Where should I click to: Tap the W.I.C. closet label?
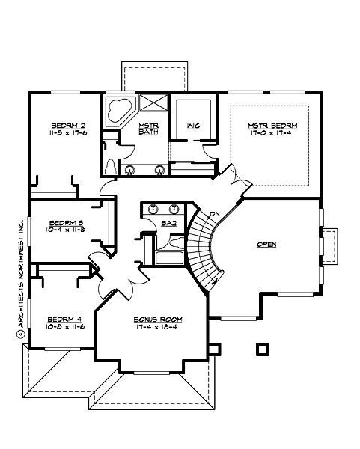(x=192, y=127)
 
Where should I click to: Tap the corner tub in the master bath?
(x=118, y=110)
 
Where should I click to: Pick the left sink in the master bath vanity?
(x=130, y=170)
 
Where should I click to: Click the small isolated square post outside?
(x=261, y=349)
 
